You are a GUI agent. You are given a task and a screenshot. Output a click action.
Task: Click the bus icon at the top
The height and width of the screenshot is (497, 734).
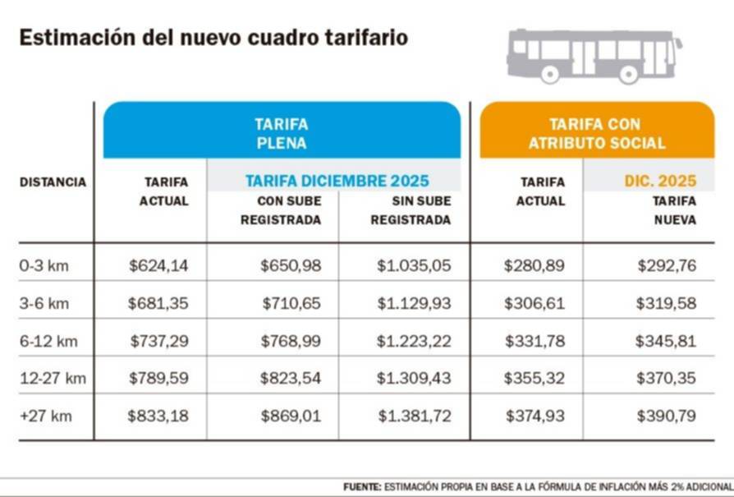pos(593,55)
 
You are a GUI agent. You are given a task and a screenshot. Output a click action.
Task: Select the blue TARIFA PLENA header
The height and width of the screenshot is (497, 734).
pos(282,133)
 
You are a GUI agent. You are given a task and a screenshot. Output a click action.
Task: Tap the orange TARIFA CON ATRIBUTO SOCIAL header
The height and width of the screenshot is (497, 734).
pos(597,133)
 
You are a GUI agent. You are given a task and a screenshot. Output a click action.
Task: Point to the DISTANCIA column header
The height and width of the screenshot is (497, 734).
pos(53,182)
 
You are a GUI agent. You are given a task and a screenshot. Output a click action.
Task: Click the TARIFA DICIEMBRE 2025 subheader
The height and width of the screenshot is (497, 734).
pos(337,181)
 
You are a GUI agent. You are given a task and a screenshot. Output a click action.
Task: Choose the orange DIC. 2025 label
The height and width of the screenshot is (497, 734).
pos(660,181)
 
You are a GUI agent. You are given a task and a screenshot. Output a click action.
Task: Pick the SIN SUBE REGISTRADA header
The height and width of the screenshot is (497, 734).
pos(411,210)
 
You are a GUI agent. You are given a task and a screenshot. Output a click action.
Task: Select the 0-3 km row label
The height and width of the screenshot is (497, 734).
pos(44,265)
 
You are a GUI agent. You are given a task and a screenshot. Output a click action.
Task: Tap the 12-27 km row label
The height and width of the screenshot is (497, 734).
pos(53,378)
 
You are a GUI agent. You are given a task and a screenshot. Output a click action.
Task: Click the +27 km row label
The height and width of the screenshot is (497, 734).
pos(45,416)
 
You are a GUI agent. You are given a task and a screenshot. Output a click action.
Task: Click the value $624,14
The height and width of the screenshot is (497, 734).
pos(158,265)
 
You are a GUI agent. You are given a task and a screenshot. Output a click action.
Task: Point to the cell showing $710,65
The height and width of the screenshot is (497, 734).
pos(291,303)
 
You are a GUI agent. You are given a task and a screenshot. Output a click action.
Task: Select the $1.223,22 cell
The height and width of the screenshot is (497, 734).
pos(414,341)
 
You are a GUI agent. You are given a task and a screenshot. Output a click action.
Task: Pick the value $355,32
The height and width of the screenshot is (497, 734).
pos(534,378)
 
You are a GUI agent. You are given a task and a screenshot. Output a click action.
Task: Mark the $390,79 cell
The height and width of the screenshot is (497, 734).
pos(666,416)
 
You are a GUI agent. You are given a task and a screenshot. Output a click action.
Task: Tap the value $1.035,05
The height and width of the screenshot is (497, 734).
pos(414,265)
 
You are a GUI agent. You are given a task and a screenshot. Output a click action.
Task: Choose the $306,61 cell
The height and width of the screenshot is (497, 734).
pos(534,303)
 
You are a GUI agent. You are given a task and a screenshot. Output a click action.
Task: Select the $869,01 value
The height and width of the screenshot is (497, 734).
pos(291,416)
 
